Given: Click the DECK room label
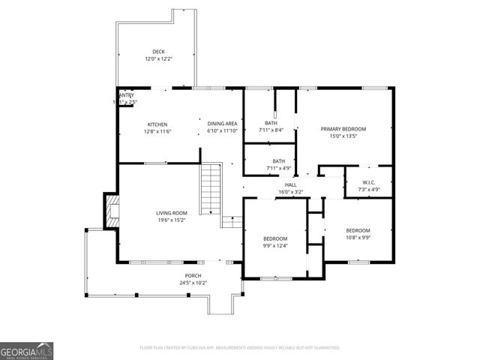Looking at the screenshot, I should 159,52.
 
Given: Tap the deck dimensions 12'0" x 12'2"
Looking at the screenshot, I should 159,58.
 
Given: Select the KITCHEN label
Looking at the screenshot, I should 157,124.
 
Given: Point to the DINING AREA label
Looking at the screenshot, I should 223,124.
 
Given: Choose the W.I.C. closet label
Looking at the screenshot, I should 369,182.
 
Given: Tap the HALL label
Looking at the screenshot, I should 290,184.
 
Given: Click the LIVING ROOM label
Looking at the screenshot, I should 172,213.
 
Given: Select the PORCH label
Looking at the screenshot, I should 193,276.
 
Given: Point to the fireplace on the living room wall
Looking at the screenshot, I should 111,211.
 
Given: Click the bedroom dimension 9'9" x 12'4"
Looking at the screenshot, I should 274,246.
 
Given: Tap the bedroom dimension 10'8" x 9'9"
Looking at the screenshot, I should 358,238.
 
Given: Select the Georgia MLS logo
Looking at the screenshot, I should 26,351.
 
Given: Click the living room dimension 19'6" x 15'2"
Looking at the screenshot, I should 172,220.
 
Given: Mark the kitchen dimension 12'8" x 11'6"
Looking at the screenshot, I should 157,131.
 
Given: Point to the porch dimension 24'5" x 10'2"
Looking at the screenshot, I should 193,283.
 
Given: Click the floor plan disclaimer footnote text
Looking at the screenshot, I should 239,348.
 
